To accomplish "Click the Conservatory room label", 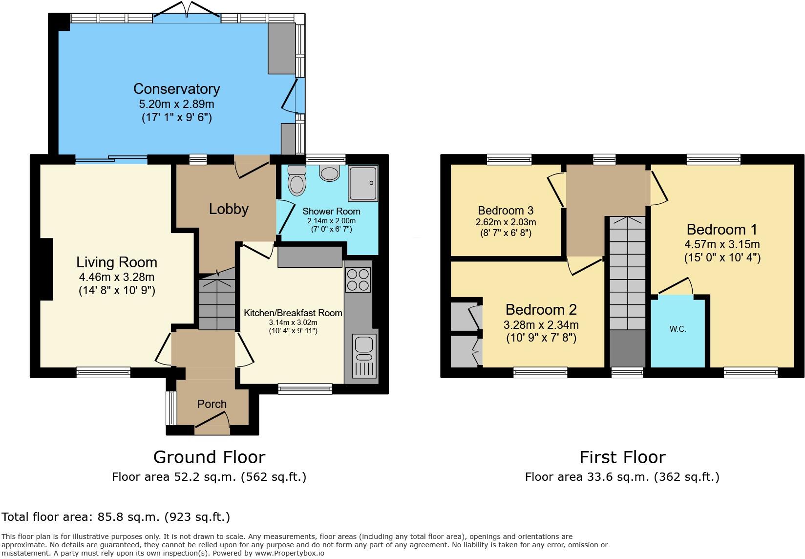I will (176, 89).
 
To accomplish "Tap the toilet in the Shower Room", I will (296, 181).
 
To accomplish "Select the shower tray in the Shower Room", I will (363, 183).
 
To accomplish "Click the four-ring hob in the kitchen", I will (358, 279).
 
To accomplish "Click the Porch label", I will (212, 404).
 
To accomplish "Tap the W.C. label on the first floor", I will (678, 329).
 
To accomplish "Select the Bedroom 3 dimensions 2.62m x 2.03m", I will (506, 222).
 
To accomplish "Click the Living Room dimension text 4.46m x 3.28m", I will (117, 278).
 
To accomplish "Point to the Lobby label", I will (229, 209).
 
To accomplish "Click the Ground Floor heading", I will (209, 457).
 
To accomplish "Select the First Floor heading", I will (622, 457).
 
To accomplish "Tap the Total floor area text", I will (116, 517).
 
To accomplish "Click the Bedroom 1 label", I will (721, 229).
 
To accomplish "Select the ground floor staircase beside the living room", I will (217, 303).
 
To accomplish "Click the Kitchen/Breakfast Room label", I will (293, 313).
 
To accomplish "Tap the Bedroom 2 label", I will (541, 310).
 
